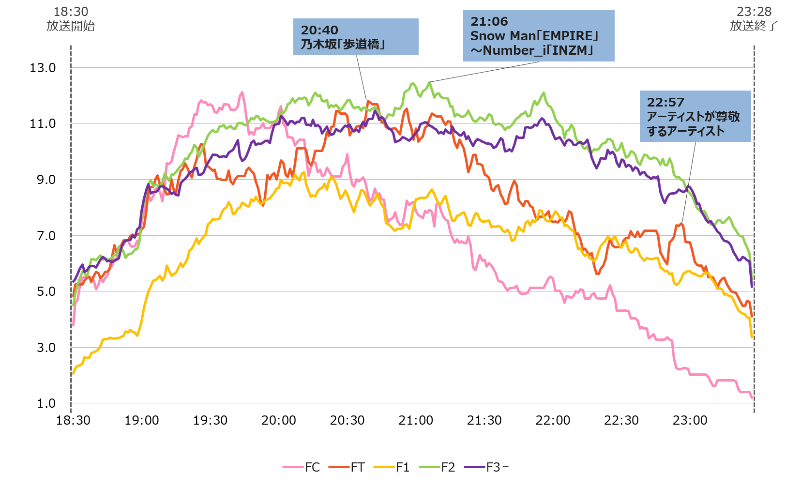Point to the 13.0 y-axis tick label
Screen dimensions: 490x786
coord(43,68)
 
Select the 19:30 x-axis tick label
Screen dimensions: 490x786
coord(210,420)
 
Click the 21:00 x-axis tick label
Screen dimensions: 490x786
coord(416,420)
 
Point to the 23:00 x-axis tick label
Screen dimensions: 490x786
coord(690,420)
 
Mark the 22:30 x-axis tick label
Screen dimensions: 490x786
coord(621,420)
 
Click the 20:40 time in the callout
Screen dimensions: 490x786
coord(319,30)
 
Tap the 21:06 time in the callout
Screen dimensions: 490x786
coord(489,21)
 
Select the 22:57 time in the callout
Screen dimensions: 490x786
coord(665,102)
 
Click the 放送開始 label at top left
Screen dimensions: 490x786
coord(71,26)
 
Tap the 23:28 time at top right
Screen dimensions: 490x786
coord(754,12)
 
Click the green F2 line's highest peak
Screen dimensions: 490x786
coord(429,83)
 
